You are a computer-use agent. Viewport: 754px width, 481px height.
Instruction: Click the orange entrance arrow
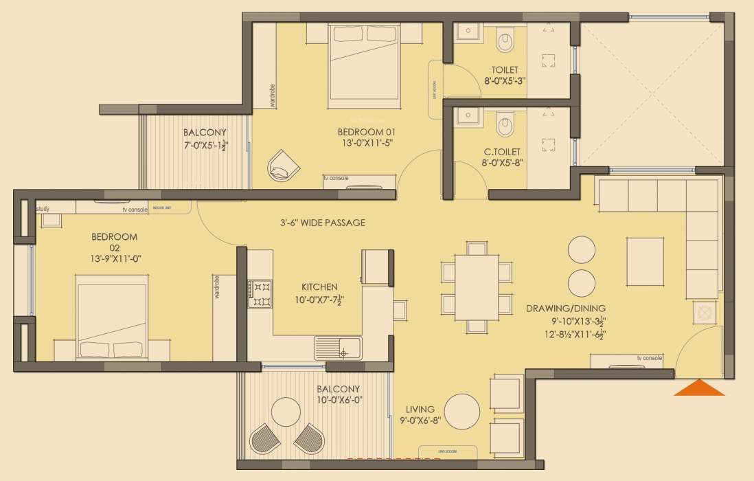[x=699, y=388]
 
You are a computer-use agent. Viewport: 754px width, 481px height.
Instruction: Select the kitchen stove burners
[x=261, y=293]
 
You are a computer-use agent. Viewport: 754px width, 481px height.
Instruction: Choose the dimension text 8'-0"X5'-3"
[x=504, y=81]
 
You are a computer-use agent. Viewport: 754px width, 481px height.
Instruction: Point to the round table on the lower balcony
[x=288, y=412]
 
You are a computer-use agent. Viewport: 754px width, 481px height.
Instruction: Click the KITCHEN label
[x=319, y=287]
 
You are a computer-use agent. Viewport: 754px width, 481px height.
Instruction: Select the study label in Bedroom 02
[x=43, y=208]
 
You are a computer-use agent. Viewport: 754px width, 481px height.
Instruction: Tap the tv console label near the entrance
[x=649, y=358]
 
